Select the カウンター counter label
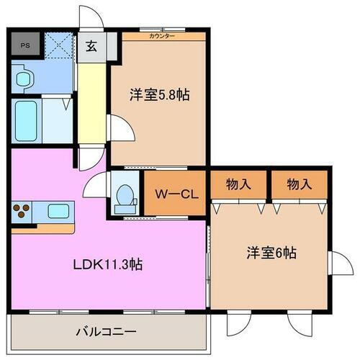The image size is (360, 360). coord(161,35)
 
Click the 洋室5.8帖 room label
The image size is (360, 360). coord(160,94)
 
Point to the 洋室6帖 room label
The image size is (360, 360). coord(270,253)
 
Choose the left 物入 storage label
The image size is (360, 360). coord(238,184)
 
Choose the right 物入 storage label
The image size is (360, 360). coord(300,184)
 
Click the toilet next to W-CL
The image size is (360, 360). coord(125,195)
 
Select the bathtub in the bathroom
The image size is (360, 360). coord(27,114)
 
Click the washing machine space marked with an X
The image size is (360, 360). coord(56,46)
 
